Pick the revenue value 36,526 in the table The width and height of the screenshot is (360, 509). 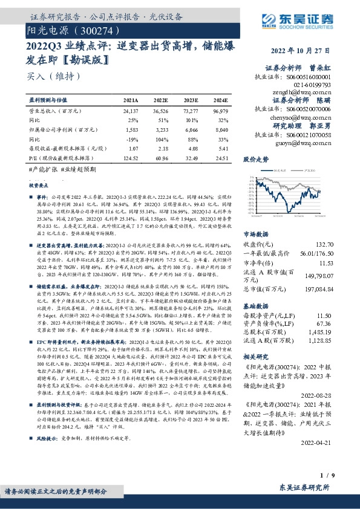161,111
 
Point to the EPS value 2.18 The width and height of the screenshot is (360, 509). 162,146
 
